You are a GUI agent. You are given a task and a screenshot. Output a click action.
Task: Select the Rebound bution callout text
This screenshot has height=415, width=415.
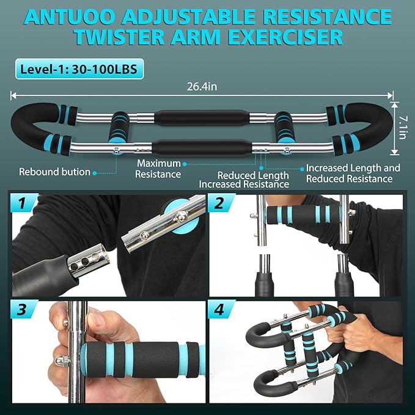point(55,172)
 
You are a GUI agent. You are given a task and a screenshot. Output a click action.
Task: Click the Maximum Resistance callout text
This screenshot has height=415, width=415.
point(159,169)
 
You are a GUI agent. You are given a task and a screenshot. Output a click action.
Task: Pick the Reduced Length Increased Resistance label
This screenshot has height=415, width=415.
point(244,180)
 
